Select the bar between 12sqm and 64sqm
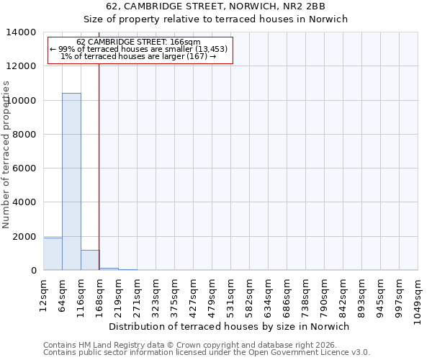[53, 254]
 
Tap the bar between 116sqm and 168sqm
[90, 260]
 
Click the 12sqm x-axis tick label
[44, 291]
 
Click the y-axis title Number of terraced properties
[6, 154]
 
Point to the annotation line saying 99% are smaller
[139, 49]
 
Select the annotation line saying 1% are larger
[139, 56]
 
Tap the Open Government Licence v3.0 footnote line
[206, 352]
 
